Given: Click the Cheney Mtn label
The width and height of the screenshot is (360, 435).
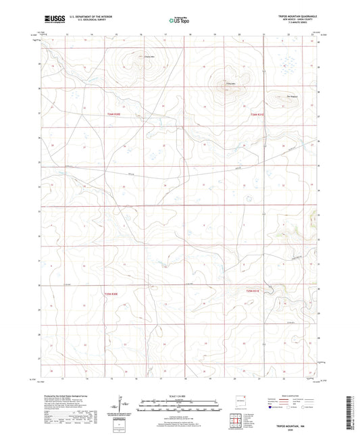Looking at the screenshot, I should [x=132, y=56].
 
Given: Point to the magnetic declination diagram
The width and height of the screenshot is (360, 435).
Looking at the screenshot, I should [x=119, y=405].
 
